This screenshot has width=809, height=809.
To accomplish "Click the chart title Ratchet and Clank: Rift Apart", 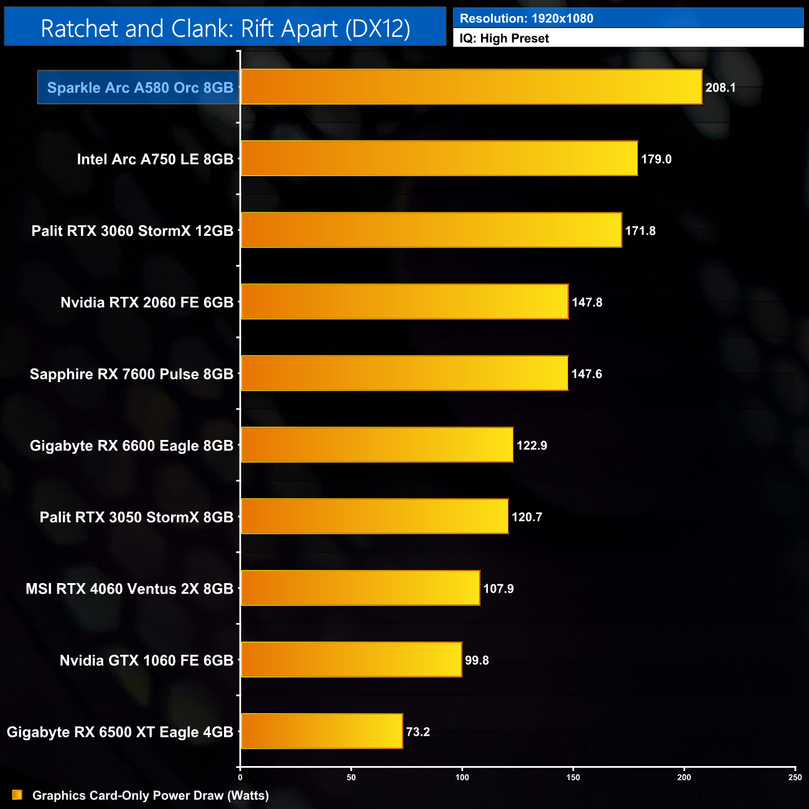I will point(225,29).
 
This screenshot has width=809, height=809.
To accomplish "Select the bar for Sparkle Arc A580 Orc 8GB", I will point(471,87).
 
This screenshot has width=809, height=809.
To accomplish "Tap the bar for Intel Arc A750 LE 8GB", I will point(439,159).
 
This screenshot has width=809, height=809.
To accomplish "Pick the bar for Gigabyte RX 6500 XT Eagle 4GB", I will point(322,731).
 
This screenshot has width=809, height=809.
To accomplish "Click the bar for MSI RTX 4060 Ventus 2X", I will point(360,588).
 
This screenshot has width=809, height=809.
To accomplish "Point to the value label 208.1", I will point(721,88).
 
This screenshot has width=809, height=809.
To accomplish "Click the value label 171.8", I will point(640,231).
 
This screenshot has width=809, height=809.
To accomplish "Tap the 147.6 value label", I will point(587,374).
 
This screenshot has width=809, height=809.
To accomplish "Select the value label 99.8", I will point(477,660).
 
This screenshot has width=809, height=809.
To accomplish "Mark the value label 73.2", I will point(418,732).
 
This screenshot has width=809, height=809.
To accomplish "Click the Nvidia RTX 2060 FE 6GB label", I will point(147,302).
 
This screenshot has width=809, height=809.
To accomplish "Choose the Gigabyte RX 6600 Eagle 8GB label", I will point(131,446).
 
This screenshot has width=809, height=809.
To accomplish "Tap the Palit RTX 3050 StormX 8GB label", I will point(136,517).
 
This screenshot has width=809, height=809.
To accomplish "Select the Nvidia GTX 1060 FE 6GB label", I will point(146,660).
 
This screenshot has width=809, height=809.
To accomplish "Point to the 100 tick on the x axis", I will point(462,777).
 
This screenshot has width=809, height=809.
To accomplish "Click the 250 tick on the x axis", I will point(795,777).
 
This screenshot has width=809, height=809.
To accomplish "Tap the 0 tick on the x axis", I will point(240,777).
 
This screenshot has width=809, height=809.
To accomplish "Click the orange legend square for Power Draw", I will point(17,795).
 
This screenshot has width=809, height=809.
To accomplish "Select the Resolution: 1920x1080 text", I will point(526,19).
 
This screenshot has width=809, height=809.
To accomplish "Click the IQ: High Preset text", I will point(504,39).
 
